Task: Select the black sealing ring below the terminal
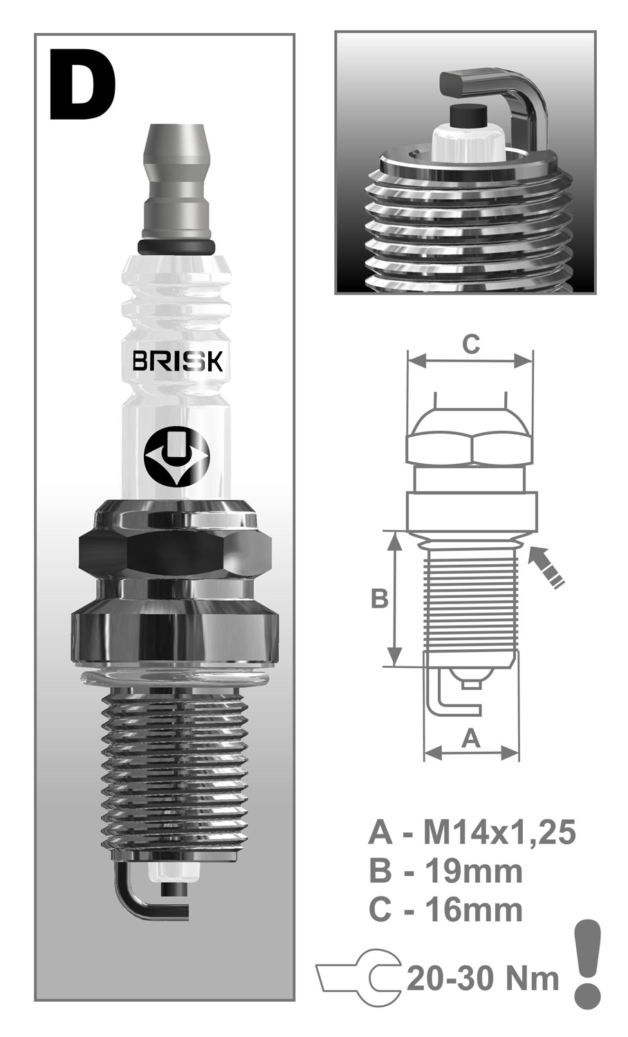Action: (177, 247)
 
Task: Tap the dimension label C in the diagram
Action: (470, 344)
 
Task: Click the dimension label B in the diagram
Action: (380, 599)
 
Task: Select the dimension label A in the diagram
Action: (470, 740)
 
